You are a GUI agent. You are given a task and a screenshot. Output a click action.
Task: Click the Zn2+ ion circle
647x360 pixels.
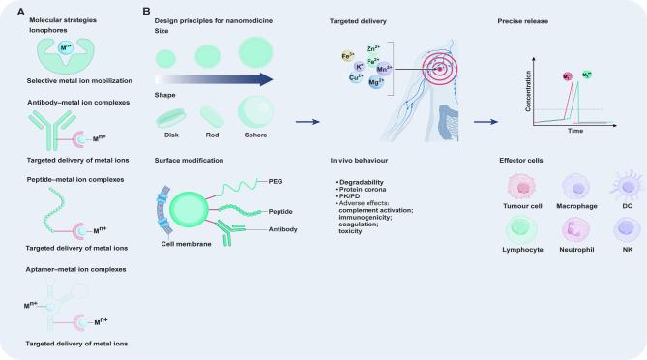[x=371, y=50]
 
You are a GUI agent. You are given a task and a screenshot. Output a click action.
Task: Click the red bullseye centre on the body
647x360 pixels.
[x=441, y=70]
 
